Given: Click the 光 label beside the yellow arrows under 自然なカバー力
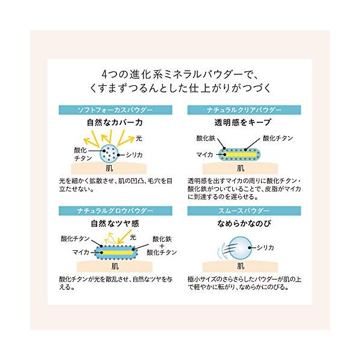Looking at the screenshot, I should point(139,137).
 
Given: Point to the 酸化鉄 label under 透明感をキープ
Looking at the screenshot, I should point(205,138).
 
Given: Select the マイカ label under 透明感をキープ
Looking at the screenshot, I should point(202,154).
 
